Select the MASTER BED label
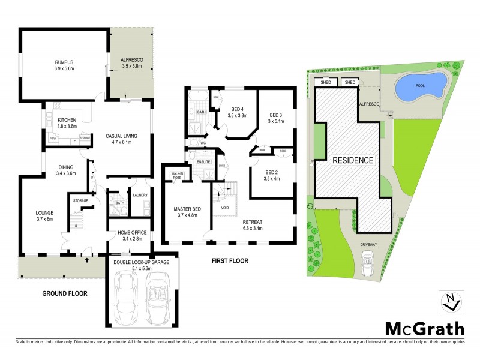(x=187, y=209)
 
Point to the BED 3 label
(x=275, y=115)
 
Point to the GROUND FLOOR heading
(x=65, y=293)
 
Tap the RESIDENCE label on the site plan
(x=353, y=160)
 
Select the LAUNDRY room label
(x=140, y=195)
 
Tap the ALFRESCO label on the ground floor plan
(x=131, y=61)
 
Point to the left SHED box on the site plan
(x=326, y=83)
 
